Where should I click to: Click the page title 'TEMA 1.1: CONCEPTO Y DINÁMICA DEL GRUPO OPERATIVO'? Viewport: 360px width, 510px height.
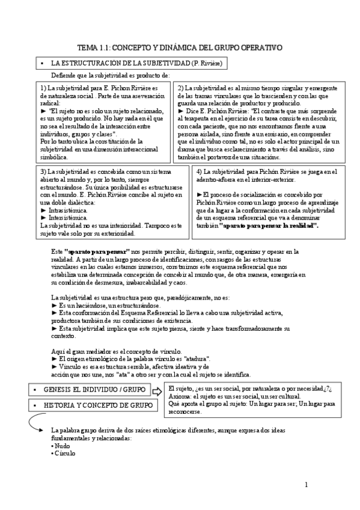(x=180, y=47)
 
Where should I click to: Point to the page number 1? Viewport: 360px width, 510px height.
(x=307, y=484)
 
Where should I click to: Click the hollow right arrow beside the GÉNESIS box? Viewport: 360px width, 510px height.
(x=157, y=392)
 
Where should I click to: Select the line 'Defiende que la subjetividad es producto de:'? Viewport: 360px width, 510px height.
(x=110, y=75)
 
